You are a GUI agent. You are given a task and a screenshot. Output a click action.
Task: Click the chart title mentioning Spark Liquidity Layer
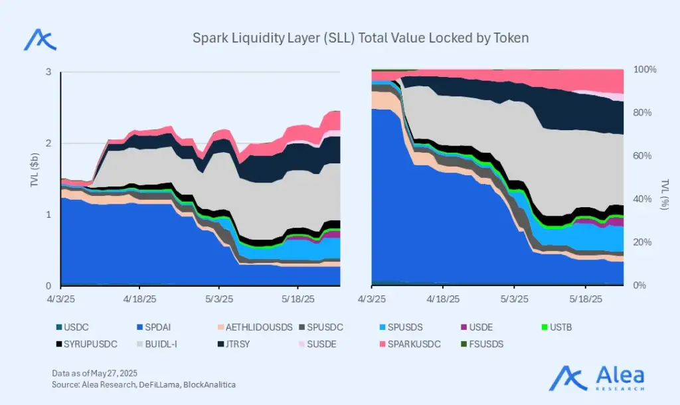point(361,38)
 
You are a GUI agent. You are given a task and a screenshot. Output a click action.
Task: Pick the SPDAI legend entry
point(153,326)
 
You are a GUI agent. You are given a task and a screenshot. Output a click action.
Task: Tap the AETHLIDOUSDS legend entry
point(243,326)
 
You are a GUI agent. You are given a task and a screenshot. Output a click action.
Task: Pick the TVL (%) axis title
point(664,194)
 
